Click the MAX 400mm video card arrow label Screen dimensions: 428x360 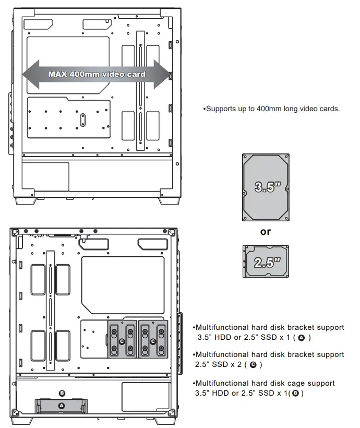pos(97,74)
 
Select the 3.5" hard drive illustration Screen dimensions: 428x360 pos(265,187)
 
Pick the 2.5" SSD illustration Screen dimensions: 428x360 pos(265,261)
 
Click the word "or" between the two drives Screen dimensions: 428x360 pos(266,232)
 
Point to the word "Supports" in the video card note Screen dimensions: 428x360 pos(221,109)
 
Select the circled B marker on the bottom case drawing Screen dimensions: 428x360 pos(62,393)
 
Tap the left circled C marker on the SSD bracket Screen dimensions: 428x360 pos(122,341)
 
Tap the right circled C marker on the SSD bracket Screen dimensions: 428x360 pos(152,341)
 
